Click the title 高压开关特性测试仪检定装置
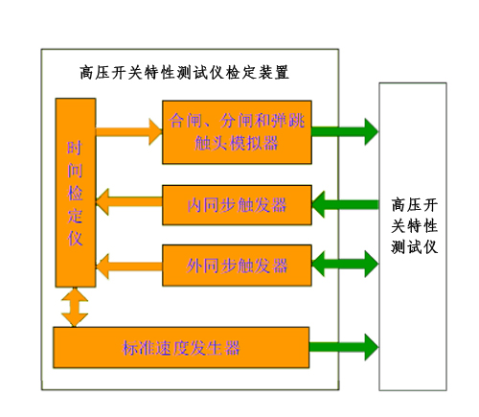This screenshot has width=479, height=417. (x=186, y=73)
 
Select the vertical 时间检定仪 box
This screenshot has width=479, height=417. (x=75, y=192)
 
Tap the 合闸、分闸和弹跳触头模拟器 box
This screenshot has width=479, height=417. (x=237, y=130)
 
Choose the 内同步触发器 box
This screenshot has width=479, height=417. (x=237, y=204)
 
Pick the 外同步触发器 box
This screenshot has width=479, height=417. (x=237, y=261)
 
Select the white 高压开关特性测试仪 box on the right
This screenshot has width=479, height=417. (x=413, y=235)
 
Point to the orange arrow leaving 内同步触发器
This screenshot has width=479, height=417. (x=128, y=204)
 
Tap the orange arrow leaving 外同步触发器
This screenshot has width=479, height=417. (x=128, y=261)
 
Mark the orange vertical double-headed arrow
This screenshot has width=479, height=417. (x=75, y=307)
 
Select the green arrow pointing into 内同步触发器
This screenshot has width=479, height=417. (x=345, y=204)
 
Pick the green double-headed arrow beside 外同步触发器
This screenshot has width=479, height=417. (x=345, y=261)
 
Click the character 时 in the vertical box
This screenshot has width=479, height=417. (x=75, y=149)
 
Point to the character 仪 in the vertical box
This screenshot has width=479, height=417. (x=75, y=238)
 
